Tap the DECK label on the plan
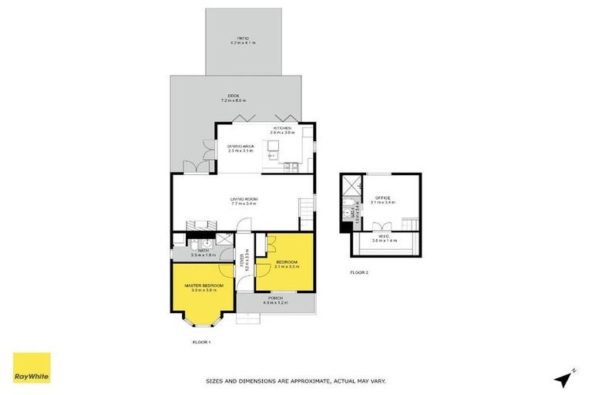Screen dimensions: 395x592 point(243,95)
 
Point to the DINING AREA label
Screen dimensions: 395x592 point(240,146)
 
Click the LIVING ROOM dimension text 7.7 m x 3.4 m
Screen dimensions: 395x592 point(243,204)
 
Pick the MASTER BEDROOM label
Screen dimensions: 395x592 point(203,285)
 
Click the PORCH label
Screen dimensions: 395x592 point(275,298)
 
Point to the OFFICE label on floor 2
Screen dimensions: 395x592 point(383,198)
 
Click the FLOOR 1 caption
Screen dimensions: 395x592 point(201,342)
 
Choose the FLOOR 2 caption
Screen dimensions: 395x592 point(360,272)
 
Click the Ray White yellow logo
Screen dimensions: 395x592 point(32,368)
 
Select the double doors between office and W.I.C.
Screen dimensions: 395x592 point(382,227)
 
